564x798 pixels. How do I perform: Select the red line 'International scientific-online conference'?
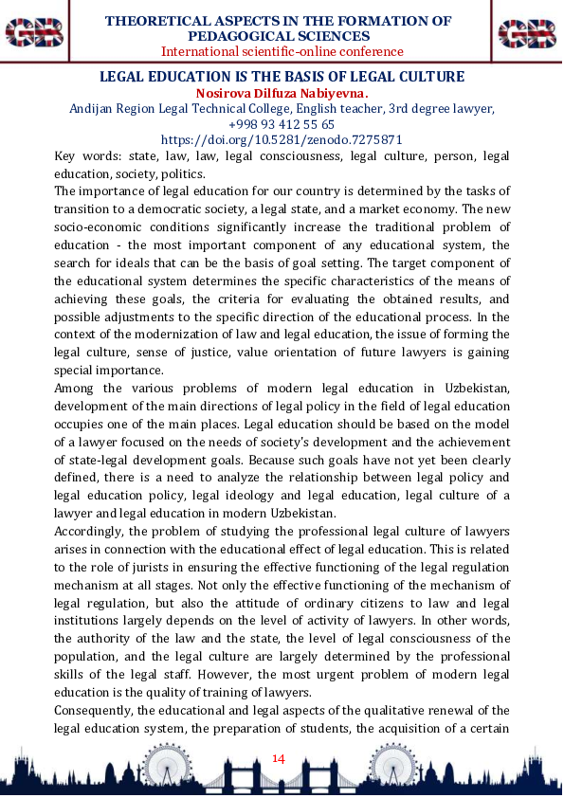[x=282, y=51]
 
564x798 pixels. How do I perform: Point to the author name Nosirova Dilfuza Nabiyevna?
[x=282, y=93]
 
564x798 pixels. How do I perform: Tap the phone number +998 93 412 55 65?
[x=282, y=124]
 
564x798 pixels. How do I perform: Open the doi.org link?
[x=282, y=139]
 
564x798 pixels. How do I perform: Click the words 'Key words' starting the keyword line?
[x=82, y=156]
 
